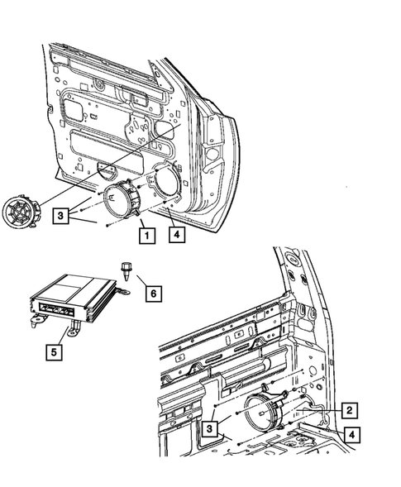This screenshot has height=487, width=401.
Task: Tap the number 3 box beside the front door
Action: pyautogui.click(x=62, y=217)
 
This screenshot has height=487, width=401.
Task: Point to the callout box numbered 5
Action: pyautogui.click(x=55, y=352)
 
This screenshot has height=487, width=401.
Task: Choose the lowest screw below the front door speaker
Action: pyautogui.click(x=107, y=224)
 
